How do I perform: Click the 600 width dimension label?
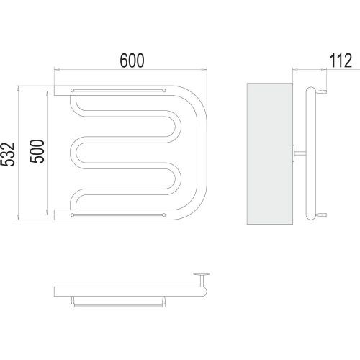(132, 60)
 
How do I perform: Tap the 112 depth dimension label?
(341, 60)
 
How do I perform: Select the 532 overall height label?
(8, 154)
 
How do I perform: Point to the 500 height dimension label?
(37, 151)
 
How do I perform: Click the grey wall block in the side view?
(270, 153)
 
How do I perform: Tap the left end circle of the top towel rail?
(72, 91)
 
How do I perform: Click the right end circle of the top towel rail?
(164, 91)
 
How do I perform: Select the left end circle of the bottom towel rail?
(72, 215)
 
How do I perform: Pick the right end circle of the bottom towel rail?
(164, 215)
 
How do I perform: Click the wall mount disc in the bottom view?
(202, 274)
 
